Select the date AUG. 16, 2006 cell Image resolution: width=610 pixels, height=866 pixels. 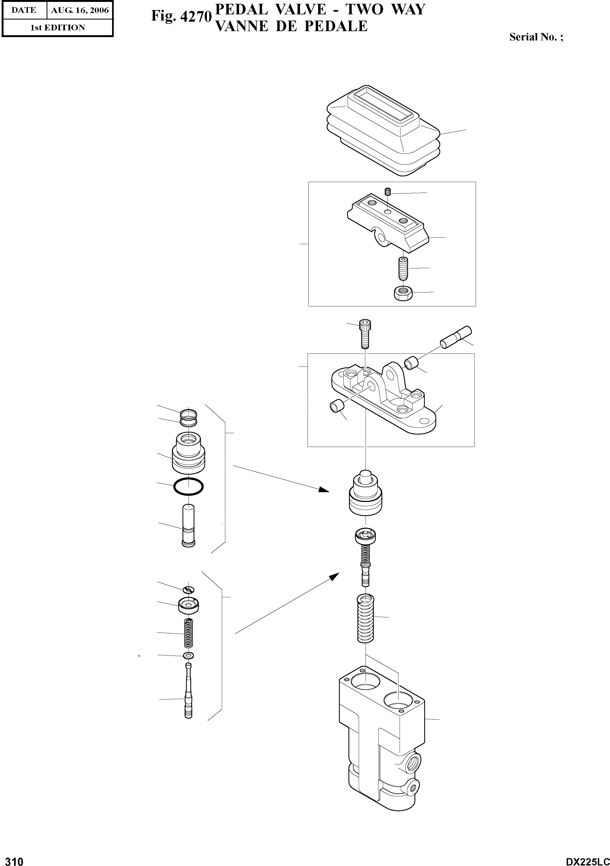point(80,10)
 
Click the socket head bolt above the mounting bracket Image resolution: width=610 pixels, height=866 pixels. point(365,333)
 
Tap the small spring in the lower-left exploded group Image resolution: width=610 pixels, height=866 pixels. point(188,634)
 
